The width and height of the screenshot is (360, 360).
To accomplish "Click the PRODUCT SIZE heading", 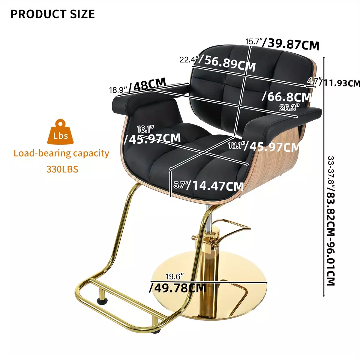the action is pos(52,14).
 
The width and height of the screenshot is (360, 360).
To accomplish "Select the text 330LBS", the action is pos(62,169).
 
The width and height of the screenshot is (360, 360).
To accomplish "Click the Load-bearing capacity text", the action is pos(61,154).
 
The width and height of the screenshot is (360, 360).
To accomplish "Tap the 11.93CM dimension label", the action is pos(340,83).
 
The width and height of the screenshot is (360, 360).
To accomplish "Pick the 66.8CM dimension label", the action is pos(287,97).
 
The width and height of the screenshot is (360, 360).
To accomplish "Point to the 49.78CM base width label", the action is pos(178,288).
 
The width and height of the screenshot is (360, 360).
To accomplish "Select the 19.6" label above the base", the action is pos(175,277).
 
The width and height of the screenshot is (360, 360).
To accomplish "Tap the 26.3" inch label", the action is pos(289,108).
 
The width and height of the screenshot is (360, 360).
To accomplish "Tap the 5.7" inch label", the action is pos(180,185).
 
